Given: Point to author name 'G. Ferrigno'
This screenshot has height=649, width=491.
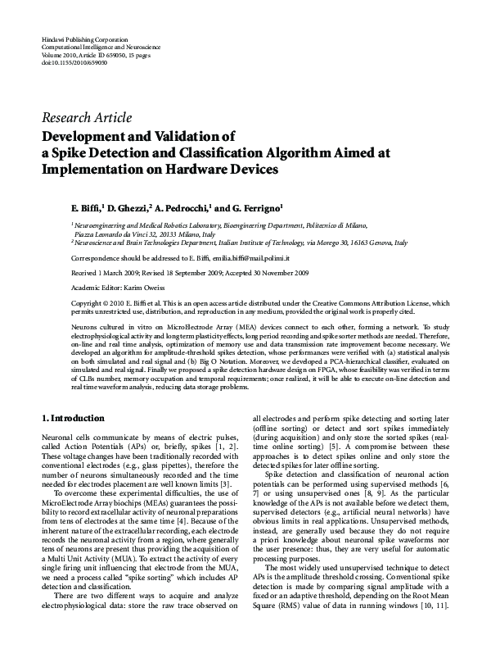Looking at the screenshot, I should (x=254, y=208).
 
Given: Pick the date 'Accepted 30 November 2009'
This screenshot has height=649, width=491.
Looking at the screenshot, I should (x=268, y=272).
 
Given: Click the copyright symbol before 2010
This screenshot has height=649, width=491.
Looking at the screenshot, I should (x=75, y=303).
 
